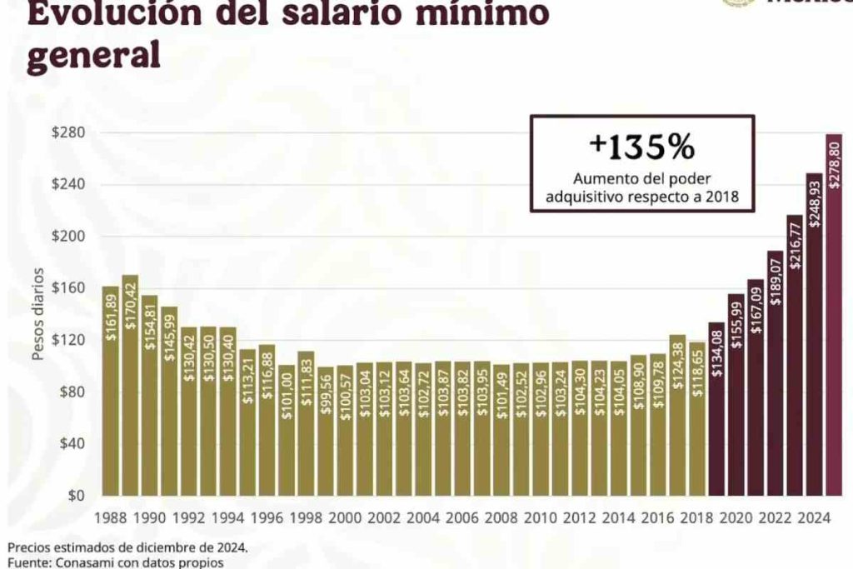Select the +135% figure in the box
tap(641, 147)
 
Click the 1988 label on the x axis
tap(111, 517)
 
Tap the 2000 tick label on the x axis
tap(345, 517)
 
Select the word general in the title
tap(92, 56)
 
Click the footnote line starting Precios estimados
tap(127, 547)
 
